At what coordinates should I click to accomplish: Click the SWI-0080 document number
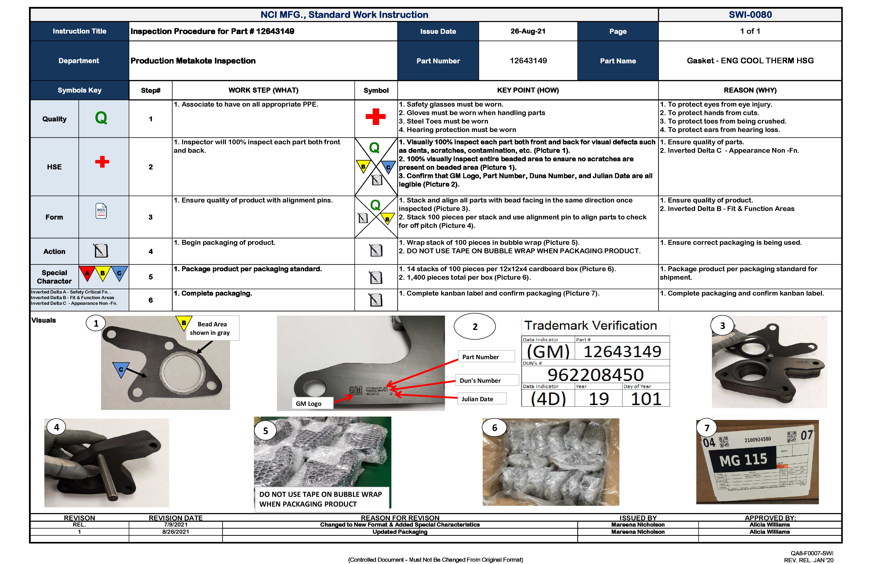[x=750, y=15]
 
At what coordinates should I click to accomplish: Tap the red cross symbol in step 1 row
[x=375, y=117]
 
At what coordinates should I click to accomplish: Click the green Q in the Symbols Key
[x=101, y=118]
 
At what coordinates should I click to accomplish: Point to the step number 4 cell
[x=151, y=251]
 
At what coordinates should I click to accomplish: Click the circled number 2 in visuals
[x=474, y=327]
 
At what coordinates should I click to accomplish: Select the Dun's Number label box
[x=487, y=380]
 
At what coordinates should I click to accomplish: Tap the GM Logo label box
[x=312, y=404]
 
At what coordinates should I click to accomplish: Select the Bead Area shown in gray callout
[x=212, y=328]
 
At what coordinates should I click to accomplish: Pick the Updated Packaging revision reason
[x=400, y=532]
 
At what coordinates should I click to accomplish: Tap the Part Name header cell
[x=618, y=61]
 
